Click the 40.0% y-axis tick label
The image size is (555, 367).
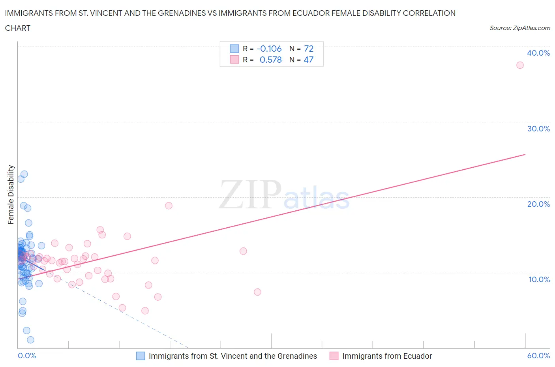click(x=538, y=53)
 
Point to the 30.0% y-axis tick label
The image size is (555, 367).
click(x=538, y=129)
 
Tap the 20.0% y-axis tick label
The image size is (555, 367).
click(x=538, y=204)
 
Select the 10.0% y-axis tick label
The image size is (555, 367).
click(x=539, y=279)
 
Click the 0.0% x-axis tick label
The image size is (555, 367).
click(x=27, y=356)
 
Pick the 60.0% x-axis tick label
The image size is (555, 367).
click(x=538, y=356)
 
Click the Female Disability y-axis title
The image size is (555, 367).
click(x=11, y=195)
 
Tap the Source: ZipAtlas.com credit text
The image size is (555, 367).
click(x=519, y=28)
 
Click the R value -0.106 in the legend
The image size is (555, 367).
click(x=269, y=49)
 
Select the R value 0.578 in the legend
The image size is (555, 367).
click(x=270, y=60)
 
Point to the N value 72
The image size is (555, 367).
click(x=309, y=49)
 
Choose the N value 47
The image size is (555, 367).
click(x=308, y=60)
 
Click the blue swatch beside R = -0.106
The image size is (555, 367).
click(x=234, y=49)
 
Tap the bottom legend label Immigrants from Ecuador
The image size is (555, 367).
click(x=387, y=356)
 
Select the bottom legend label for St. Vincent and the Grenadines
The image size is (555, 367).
click(x=232, y=356)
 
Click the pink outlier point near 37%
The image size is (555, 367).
click(x=520, y=65)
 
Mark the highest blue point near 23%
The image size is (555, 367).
click(x=24, y=174)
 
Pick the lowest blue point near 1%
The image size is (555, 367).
click(x=30, y=340)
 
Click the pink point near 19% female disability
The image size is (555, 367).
click(x=169, y=206)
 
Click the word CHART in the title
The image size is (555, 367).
click(x=18, y=28)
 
